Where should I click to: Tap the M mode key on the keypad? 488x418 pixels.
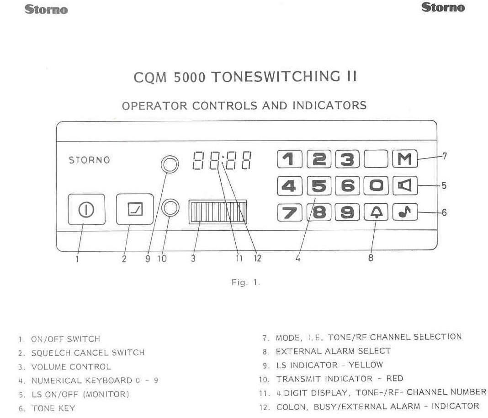(x=404, y=159)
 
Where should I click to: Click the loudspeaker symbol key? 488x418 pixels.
(x=405, y=185)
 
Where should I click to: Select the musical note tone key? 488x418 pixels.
(x=405, y=212)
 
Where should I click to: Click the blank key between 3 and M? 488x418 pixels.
(x=376, y=159)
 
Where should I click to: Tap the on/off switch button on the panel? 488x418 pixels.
(x=86, y=209)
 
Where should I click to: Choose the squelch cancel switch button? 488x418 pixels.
(x=135, y=209)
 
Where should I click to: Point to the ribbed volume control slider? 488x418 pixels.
(x=217, y=212)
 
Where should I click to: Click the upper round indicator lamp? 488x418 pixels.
(x=170, y=164)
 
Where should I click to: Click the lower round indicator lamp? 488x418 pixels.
(x=170, y=208)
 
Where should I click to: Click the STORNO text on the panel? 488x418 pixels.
(x=89, y=160)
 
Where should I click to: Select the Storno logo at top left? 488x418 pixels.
(x=46, y=9)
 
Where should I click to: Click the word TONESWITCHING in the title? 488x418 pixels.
(x=276, y=77)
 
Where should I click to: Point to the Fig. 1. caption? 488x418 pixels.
(x=245, y=282)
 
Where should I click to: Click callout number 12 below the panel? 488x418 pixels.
(x=257, y=258)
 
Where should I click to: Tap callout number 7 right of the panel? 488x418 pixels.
(x=445, y=156)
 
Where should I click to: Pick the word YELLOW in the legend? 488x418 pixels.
(x=366, y=364)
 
